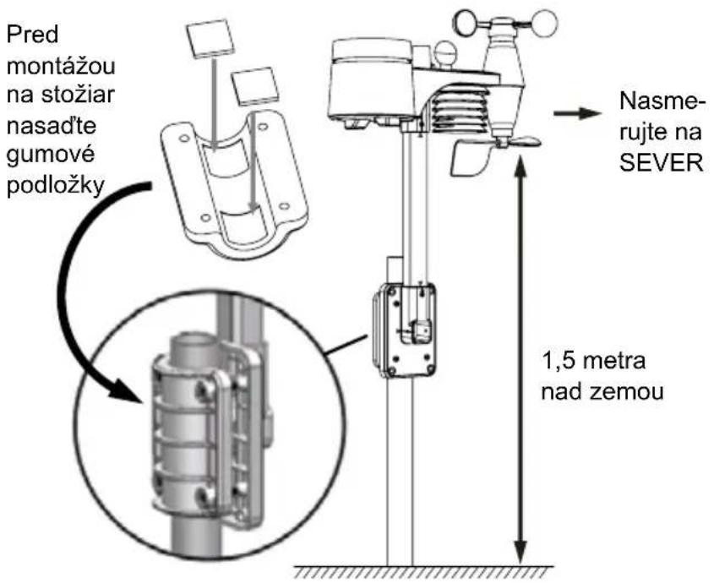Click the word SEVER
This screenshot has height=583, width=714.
(x=661, y=162)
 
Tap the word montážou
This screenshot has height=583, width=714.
(x=61, y=66)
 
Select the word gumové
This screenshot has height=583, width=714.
(x=51, y=155)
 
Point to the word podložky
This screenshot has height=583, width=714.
(x=56, y=185)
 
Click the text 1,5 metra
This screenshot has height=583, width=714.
(x=594, y=362)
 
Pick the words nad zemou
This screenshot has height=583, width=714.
(x=602, y=392)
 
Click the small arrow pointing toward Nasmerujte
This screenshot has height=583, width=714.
(x=577, y=113)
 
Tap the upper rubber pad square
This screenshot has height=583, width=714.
(x=210, y=38)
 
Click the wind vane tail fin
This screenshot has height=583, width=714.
(x=471, y=158)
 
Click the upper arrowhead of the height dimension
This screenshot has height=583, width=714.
(x=521, y=163)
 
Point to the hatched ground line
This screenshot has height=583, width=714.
(x=423, y=572)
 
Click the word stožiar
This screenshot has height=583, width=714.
(x=78, y=95)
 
